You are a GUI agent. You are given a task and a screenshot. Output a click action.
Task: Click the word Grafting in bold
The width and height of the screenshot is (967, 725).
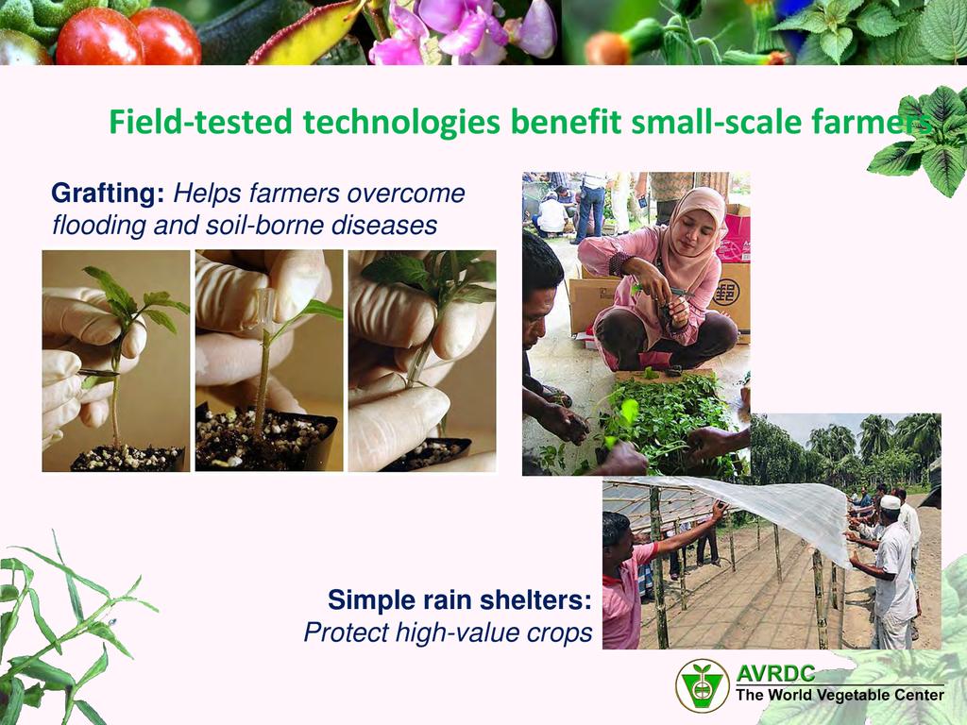pos(108,194)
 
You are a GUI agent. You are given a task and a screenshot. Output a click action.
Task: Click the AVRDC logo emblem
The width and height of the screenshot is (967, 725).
pos(703,685)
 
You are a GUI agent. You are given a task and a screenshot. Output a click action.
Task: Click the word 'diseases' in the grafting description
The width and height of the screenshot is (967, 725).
pos(384,225)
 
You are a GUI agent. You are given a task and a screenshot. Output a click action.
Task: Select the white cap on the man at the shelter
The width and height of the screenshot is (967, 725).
pos(890,502)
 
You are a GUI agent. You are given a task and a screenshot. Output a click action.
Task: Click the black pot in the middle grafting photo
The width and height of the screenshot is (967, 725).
pos(266,438)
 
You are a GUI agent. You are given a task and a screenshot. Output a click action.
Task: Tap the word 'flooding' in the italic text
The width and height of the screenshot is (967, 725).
pos(98,226)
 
